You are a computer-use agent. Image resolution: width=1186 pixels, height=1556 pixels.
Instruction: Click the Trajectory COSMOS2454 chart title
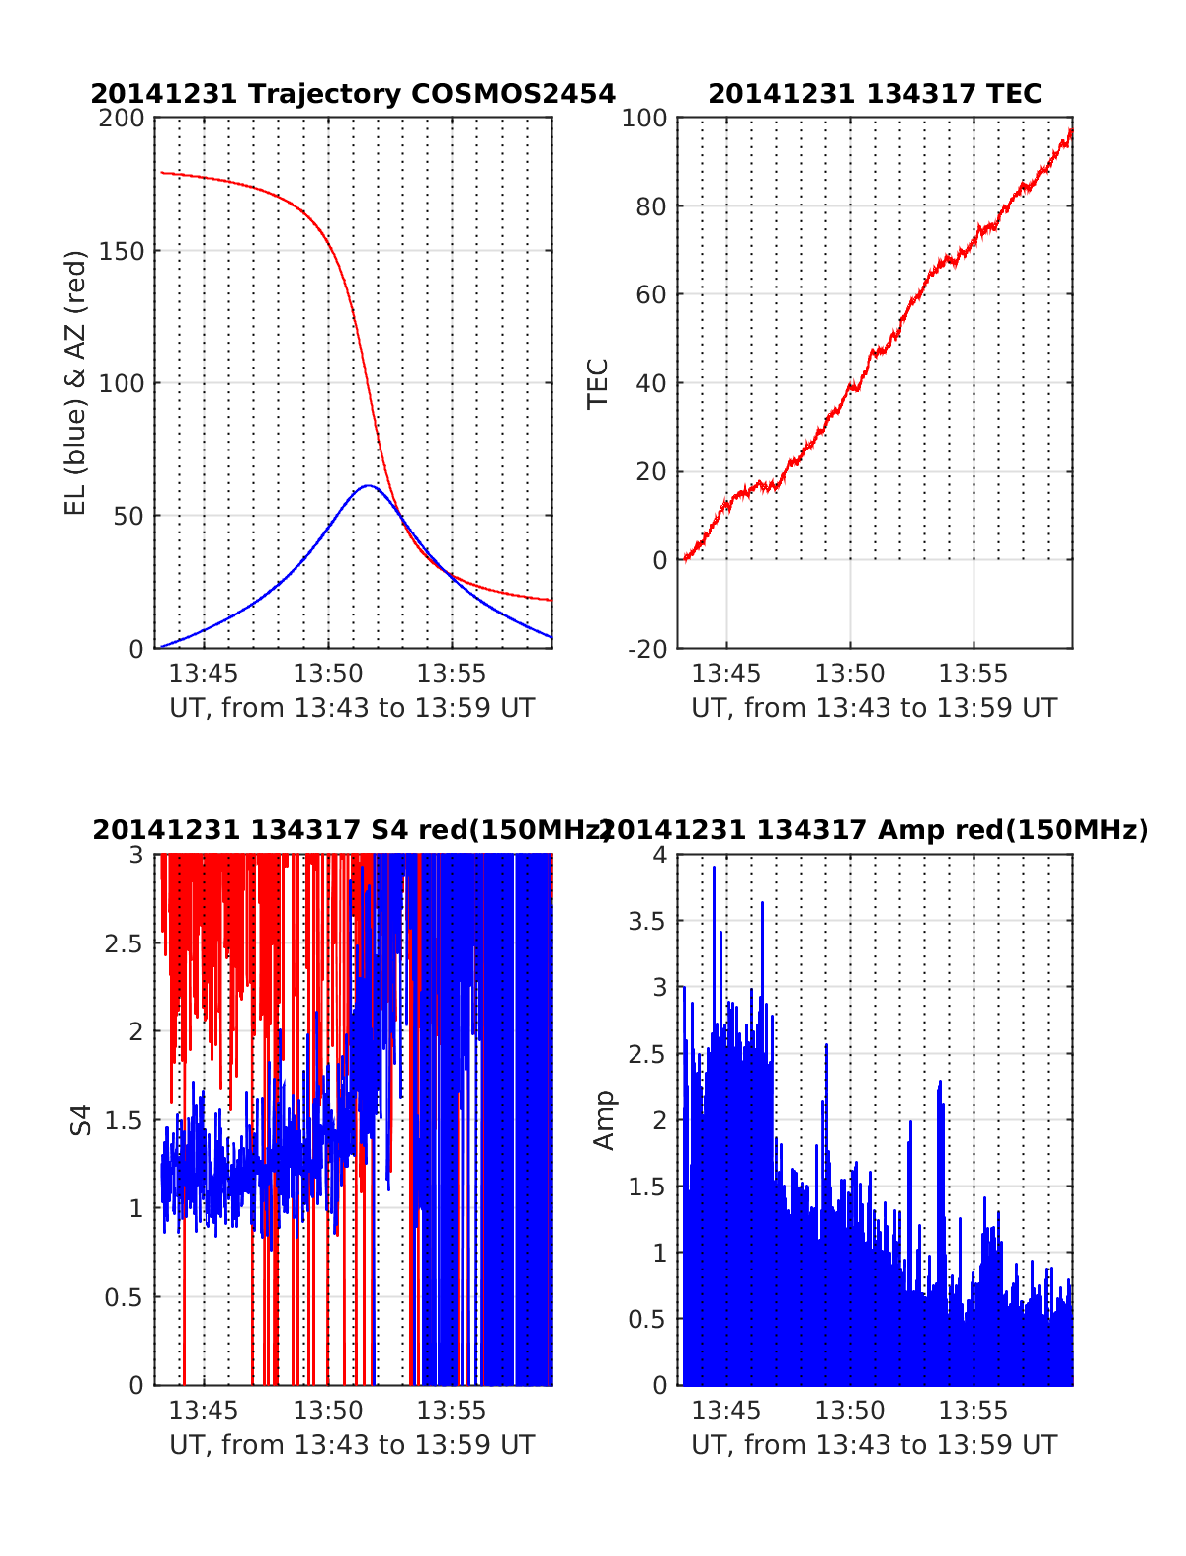tap(353, 94)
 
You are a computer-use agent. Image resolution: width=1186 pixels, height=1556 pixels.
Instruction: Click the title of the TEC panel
tap(875, 94)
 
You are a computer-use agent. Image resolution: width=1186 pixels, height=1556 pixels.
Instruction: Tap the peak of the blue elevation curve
tap(368, 486)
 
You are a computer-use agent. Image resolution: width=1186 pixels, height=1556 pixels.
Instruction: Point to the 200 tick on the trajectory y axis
tap(122, 119)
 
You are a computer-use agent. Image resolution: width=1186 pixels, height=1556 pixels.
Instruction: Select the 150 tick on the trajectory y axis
tap(122, 251)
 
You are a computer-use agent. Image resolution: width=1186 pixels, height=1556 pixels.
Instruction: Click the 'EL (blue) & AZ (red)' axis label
tap(76, 382)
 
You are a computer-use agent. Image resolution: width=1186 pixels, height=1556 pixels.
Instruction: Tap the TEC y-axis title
tap(598, 383)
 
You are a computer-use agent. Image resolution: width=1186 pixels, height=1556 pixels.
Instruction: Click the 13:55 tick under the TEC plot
tap(973, 674)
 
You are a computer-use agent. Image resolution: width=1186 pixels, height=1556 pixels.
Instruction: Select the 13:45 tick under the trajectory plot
tap(204, 674)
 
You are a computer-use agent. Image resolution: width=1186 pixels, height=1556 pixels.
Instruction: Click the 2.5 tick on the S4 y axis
tap(124, 943)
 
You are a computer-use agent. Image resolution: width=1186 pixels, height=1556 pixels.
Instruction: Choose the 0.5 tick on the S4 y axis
tap(124, 1297)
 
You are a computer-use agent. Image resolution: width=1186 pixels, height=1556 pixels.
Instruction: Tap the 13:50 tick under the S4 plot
tap(328, 1411)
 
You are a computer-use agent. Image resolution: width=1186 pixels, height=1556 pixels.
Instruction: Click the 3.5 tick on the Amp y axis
tap(648, 922)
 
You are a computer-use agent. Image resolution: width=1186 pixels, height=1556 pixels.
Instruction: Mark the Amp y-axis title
tap(603, 1120)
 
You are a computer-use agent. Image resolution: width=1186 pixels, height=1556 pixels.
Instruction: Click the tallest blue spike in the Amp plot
tap(714, 868)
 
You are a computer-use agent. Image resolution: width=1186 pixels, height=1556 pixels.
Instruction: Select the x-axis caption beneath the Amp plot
tap(874, 1445)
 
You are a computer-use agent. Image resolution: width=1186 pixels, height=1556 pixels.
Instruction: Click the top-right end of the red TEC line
tap(1071, 129)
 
